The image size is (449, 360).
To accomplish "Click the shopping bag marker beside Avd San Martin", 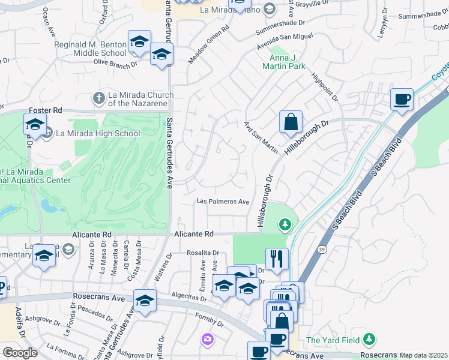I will pyautogui.click(x=291, y=122).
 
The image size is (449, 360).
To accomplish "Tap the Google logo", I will pyautogui.click(x=20, y=353).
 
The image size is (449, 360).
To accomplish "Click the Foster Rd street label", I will pyautogui.click(x=46, y=110).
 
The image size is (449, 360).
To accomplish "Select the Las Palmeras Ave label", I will pyautogui.click(x=223, y=202).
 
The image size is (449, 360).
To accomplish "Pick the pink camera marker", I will pyautogui.click(x=207, y=340).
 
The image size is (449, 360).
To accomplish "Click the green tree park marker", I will pyautogui.click(x=285, y=225).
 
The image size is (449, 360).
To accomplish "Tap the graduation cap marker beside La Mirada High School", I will pyautogui.click(x=34, y=125).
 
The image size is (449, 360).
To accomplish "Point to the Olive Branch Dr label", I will pyautogui.click(x=115, y=62).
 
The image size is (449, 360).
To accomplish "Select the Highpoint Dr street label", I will pyautogui.click(x=324, y=87).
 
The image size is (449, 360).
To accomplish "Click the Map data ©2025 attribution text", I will pyautogui.click(x=424, y=355).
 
